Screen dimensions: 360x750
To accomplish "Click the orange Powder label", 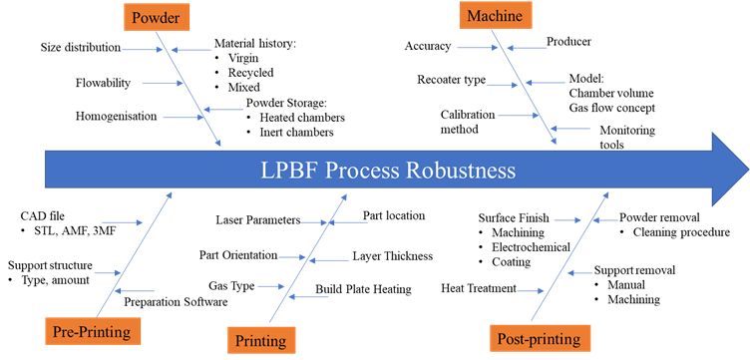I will click(x=157, y=17).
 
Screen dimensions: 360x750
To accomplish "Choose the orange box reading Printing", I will click(x=261, y=340).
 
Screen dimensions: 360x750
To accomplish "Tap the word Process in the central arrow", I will click(x=360, y=171).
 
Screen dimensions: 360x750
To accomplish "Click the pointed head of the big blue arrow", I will click(x=728, y=169).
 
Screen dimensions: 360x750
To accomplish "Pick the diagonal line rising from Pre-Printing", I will click(x=135, y=249).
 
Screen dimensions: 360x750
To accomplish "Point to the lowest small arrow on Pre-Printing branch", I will click(x=135, y=291).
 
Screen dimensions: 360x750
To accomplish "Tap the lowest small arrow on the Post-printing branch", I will click(x=530, y=291).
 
